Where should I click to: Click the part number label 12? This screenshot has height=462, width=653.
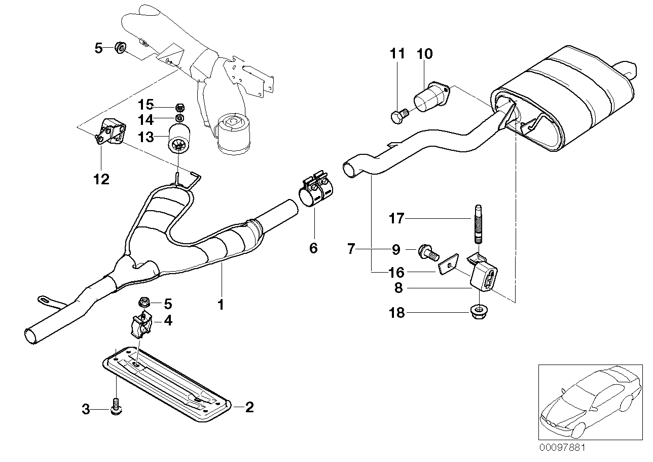101,179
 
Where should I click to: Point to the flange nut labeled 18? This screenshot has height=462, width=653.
478,311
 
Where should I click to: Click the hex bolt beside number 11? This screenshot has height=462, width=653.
398,116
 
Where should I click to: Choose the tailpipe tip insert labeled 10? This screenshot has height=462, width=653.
431,97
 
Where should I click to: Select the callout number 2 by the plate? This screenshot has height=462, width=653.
249,407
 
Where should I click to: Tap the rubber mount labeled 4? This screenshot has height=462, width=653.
142,325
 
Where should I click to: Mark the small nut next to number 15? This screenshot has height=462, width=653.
179,107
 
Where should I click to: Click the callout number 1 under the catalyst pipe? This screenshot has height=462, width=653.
221,305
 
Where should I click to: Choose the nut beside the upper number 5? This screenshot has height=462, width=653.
120,48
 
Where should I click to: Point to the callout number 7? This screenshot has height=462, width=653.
351,249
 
